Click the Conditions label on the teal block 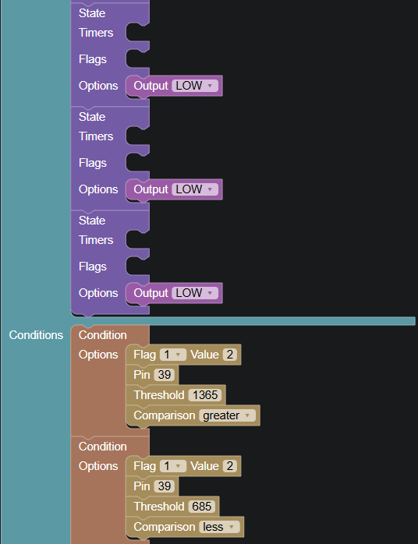(x=36, y=335)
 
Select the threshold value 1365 (x=205, y=395)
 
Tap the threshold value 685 (x=202, y=506)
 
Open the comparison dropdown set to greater (x=227, y=415)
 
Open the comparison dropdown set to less (x=219, y=527)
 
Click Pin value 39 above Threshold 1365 (x=165, y=375)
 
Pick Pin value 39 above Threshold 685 (x=165, y=486)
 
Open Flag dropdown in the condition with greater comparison (x=173, y=355)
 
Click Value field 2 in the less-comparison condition (x=230, y=466)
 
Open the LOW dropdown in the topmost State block (x=195, y=86)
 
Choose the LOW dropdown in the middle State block (x=195, y=189)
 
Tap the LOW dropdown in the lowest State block (x=195, y=293)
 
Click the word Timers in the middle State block (x=96, y=136)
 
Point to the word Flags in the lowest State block (x=92, y=267)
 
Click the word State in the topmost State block (x=92, y=13)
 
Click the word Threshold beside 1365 (x=158, y=395)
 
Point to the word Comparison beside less (x=165, y=527)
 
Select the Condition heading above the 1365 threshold (x=102, y=335)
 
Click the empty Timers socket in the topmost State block (x=137, y=33)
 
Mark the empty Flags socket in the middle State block (x=137, y=163)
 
